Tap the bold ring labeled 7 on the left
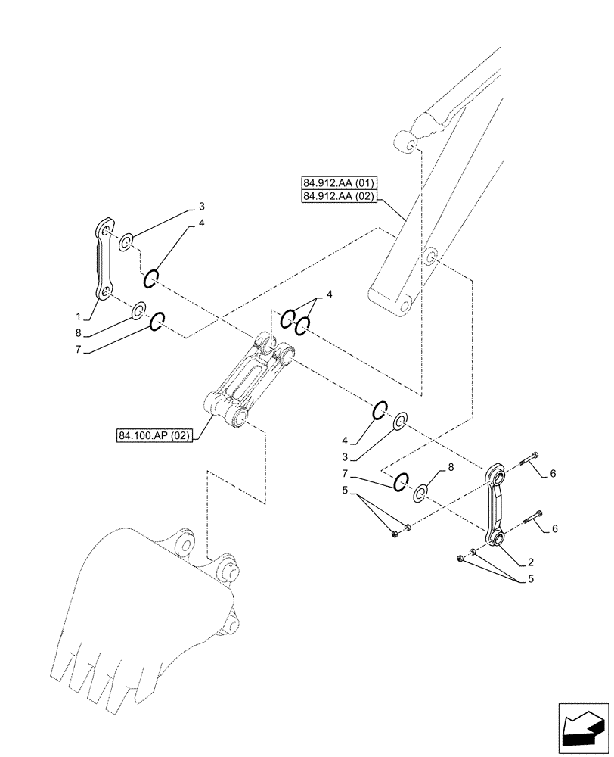[x=158, y=322]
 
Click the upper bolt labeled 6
[x=529, y=456]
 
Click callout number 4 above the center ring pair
[x=328, y=294]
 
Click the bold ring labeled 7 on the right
[x=402, y=481]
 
